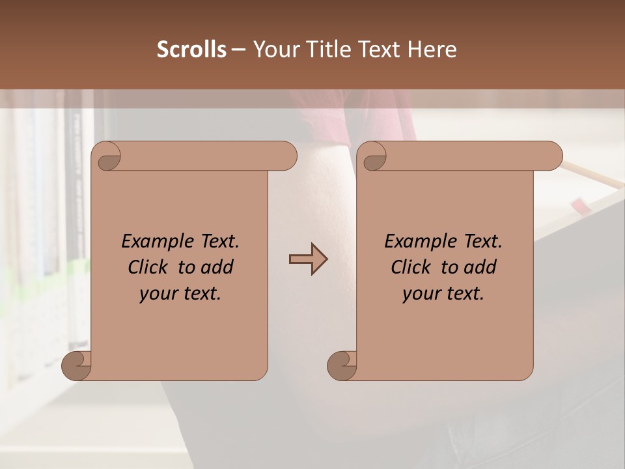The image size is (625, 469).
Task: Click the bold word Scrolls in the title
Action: coord(191,50)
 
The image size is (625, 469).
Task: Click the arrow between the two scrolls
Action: coord(308,259)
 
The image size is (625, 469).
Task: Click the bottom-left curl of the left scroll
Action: coord(76,365)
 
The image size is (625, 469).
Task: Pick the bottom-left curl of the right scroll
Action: coord(341,365)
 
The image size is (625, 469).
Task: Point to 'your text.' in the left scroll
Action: coord(180,294)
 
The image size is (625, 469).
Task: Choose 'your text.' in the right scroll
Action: coord(443,294)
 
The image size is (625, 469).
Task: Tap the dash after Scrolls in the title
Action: coord(238,50)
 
